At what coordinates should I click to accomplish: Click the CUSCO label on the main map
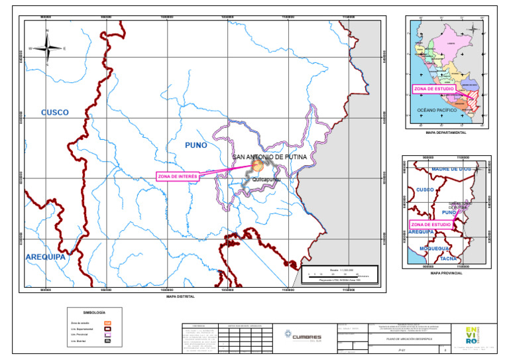[55, 113]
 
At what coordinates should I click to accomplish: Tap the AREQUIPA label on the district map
[46, 256]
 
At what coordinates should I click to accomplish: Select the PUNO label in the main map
[196, 145]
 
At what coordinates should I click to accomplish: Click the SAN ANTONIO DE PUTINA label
[274, 157]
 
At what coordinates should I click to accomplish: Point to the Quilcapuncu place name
[267, 179]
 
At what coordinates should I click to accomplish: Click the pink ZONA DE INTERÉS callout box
[178, 176]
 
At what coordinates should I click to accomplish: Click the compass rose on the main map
[47, 48]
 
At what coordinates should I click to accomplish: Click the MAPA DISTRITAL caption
[180, 296]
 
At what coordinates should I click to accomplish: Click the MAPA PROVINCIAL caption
[446, 272]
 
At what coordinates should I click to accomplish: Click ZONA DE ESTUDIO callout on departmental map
[434, 88]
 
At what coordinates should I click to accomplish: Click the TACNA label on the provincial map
[449, 259]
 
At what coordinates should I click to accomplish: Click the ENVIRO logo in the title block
[471, 333]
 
